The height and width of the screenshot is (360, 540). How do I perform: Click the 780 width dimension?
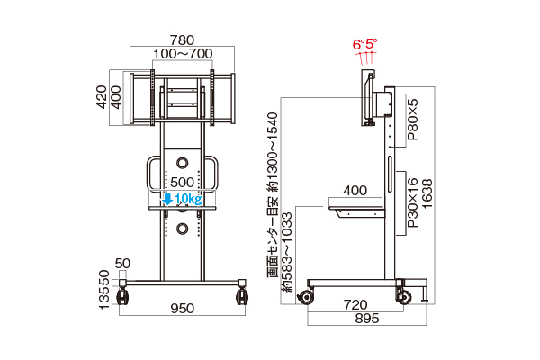tap(182, 40)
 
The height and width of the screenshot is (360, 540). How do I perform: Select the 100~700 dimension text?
tap(183, 53)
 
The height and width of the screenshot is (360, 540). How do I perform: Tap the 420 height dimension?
tap(102, 97)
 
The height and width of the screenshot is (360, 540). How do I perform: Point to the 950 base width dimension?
tap(182, 308)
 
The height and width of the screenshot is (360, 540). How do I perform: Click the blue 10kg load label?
tap(188, 199)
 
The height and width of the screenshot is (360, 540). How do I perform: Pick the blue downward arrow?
tap(167, 199)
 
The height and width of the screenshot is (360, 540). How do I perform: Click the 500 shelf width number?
tap(182, 182)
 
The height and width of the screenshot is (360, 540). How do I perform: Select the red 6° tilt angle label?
tap(358, 44)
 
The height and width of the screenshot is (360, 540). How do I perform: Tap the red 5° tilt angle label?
tap(372, 44)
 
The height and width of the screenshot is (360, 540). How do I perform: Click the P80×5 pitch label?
tap(412, 120)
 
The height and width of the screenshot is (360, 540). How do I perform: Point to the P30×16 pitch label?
tap(412, 202)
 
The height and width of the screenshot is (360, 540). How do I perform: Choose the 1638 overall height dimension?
tap(427, 193)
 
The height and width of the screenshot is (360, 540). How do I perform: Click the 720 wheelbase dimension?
tap(355, 304)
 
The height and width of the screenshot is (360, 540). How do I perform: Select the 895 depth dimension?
tap(367, 319)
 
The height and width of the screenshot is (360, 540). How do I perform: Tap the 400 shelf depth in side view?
tap(355, 191)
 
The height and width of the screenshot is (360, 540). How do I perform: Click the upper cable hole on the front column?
tap(182, 163)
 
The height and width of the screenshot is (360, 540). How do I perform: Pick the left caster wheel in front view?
tap(123, 297)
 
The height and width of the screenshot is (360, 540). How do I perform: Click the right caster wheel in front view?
tap(242, 297)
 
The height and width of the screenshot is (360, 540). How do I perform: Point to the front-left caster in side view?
tap(306, 297)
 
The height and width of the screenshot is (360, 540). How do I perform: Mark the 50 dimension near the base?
tap(122, 264)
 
